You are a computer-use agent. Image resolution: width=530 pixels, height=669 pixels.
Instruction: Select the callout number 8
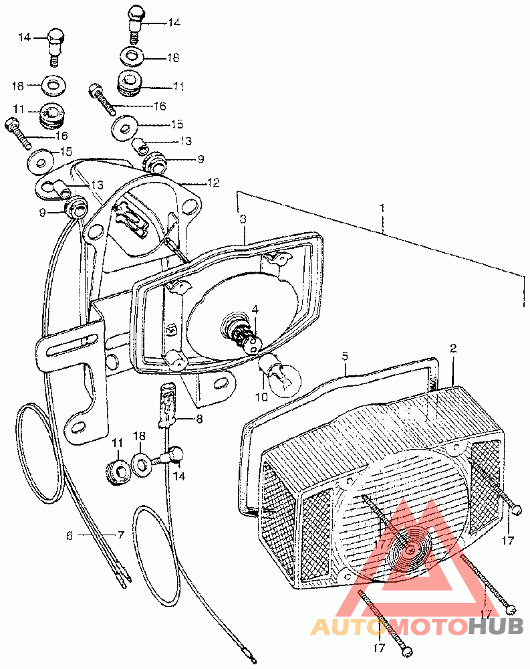[198, 419]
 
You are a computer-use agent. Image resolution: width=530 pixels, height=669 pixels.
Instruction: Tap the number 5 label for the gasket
[346, 356]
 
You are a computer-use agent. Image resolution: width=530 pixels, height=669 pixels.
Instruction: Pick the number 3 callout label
[243, 219]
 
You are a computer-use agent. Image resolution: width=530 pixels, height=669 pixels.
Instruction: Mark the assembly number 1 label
[382, 208]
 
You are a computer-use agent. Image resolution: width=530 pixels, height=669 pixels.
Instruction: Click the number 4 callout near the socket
[255, 309]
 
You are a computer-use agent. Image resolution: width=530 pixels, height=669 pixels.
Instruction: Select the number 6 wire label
[69, 535]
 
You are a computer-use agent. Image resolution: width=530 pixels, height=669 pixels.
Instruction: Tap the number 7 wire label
[121, 535]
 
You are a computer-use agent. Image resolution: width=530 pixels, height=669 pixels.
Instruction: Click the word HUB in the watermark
[495, 626]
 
